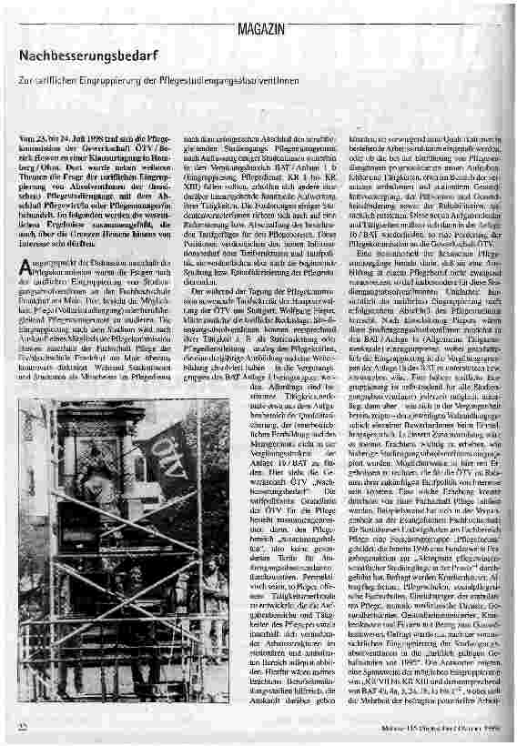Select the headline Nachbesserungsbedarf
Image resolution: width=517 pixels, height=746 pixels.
(x=83, y=56)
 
